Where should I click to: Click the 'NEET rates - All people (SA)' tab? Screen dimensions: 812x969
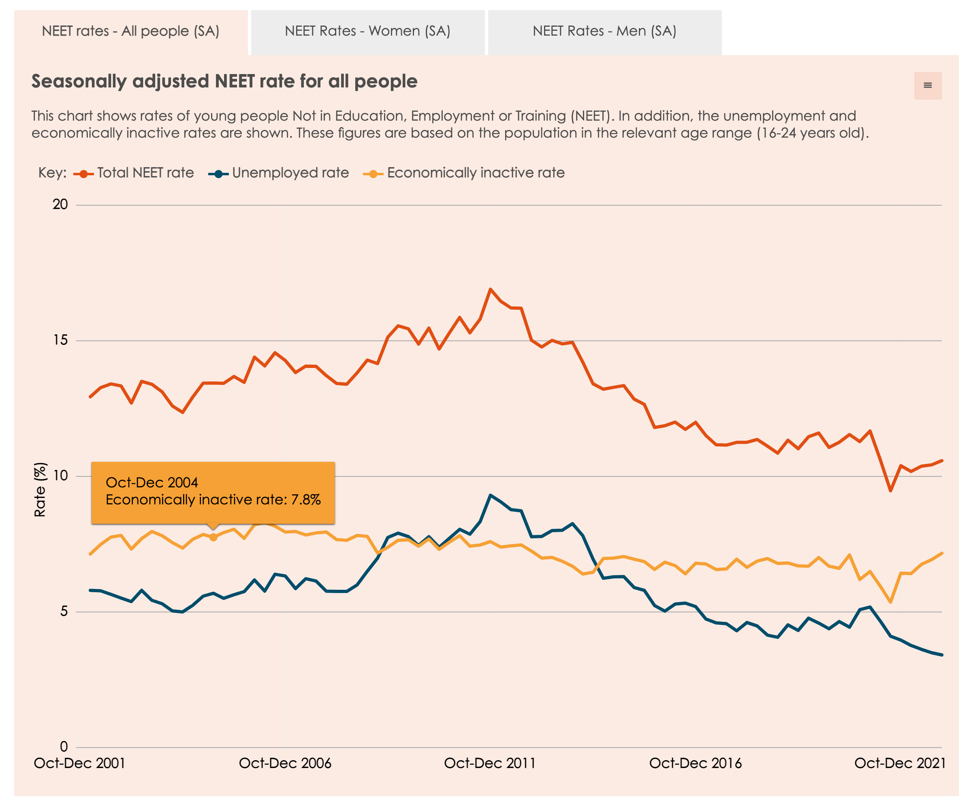tap(130, 31)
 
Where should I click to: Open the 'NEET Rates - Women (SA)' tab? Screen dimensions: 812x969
tap(367, 31)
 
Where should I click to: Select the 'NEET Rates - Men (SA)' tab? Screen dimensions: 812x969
tap(604, 31)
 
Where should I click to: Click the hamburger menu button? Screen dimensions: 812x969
tap(927, 85)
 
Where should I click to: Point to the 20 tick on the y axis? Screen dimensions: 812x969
tap(60, 204)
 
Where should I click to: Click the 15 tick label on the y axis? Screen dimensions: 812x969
tap(60, 340)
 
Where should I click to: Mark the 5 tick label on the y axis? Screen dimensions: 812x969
tap(64, 611)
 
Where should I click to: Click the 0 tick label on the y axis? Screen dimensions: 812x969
tap(64, 746)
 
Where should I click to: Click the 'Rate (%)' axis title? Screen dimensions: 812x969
tap(40, 489)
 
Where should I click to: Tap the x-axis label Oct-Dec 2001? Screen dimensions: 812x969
tap(79, 763)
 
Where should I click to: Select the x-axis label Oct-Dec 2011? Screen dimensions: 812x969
tap(490, 763)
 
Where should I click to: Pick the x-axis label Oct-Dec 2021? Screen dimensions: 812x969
tap(900, 763)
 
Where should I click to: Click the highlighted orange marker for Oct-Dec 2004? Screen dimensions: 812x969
tap(213, 537)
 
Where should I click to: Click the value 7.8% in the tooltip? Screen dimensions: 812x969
tap(305, 500)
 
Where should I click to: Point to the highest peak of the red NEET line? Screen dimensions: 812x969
tap(491, 289)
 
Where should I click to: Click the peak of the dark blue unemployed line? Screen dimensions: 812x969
tap(491, 495)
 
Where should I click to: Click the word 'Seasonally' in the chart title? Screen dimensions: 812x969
tap(79, 82)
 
